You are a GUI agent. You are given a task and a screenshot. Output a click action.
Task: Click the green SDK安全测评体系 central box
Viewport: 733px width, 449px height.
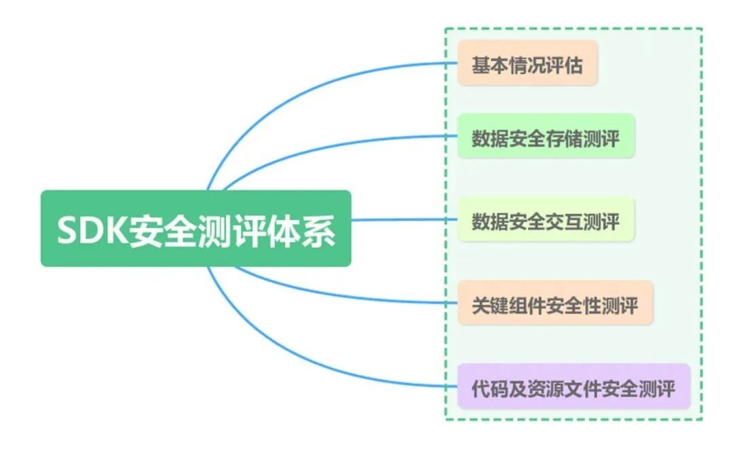(x=195, y=228)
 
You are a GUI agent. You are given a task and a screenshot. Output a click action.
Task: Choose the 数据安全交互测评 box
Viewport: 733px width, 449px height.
(x=546, y=220)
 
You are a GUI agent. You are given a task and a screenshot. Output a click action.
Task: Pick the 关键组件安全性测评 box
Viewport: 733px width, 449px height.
(x=555, y=304)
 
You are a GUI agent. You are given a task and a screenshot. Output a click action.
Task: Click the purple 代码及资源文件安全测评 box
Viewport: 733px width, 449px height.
(x=573, y=387)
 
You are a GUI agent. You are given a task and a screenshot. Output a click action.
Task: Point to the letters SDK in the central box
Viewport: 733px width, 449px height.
(x=84, y=231)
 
